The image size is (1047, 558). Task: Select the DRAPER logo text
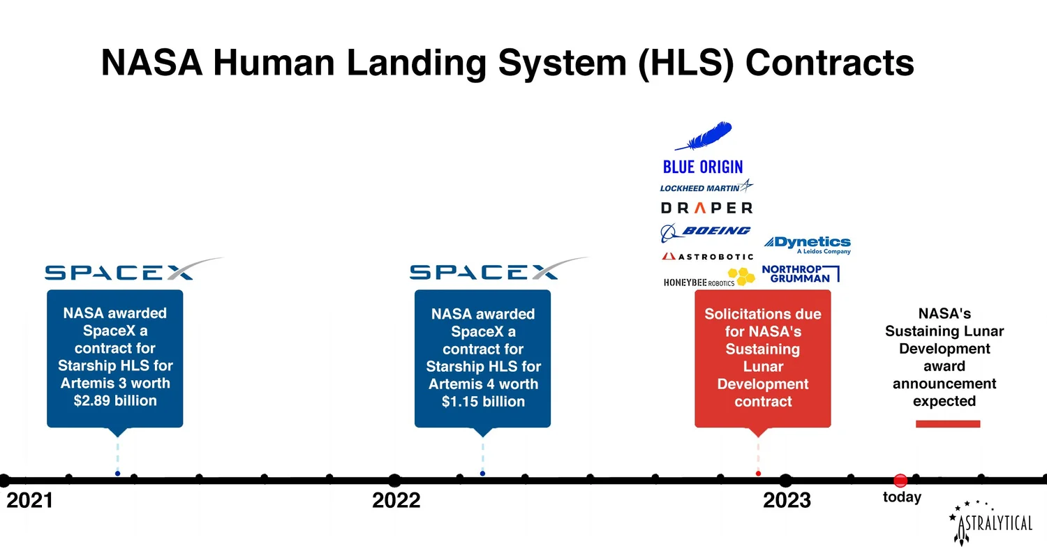pos(706,208)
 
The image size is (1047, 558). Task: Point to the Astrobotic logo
pos(707,257)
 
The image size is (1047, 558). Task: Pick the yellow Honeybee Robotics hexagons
pos(741,276)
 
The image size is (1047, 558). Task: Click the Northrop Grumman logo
pos(799,273)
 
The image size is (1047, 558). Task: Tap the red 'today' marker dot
pos(900,480)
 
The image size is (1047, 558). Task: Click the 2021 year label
pos(29,500)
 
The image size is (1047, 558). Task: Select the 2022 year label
pos(396,500)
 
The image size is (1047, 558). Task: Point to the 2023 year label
pos(787,500)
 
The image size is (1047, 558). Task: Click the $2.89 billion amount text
pos(115,401)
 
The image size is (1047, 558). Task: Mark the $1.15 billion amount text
pos(483,402)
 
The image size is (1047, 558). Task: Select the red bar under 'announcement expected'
pos(948,423)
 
